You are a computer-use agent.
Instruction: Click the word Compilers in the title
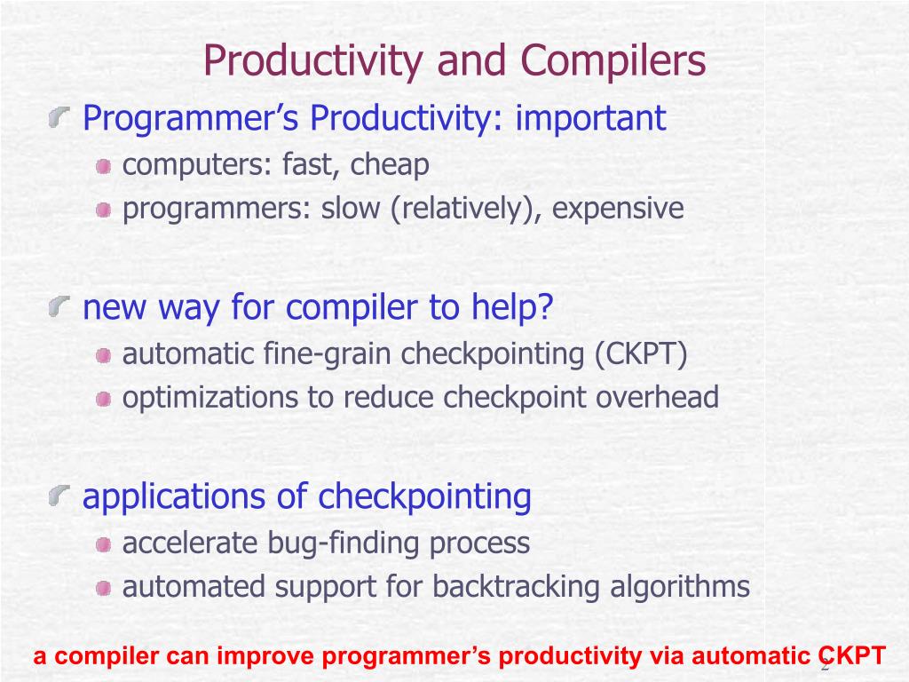613,60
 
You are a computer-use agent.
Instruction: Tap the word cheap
390,165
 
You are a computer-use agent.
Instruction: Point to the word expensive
618,209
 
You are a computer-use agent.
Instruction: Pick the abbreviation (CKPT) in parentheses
642,353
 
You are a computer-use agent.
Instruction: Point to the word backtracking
516,587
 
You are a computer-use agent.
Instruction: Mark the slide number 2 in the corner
825,666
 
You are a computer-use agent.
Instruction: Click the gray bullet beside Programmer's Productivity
59,117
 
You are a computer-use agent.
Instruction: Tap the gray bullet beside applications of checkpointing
59,496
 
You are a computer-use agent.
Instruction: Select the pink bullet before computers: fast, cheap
104,167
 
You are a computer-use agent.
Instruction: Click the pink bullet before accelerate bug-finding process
104,545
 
